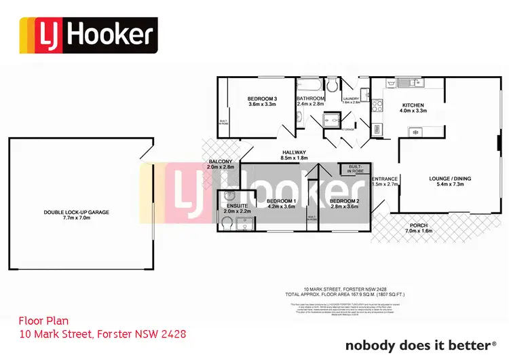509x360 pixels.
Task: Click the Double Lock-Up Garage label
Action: [77, 212]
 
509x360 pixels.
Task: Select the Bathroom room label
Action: [311, 98]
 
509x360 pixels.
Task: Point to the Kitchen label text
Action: [413, 105]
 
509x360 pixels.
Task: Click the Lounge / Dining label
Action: [450, 179]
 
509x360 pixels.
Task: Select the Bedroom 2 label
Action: [343, 201]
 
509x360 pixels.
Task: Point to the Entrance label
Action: [384, 179]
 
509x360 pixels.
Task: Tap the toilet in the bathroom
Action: [332, 86]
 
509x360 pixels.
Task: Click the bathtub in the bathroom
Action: [309, 86]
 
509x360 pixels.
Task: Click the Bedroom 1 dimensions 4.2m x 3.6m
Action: [280, 206]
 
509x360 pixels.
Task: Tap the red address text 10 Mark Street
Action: [102, 334]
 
